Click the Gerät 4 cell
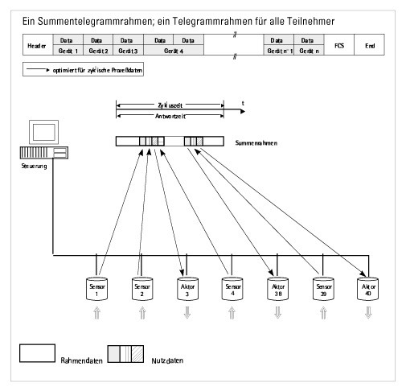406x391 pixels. (x=169, y=50)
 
